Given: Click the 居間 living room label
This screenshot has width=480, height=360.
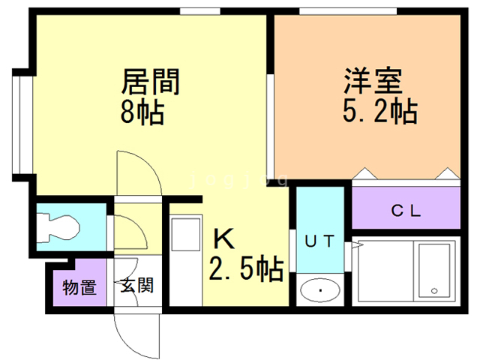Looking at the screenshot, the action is [x=150, y=82].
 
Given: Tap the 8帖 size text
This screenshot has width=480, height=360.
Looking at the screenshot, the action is [x=142, y=112].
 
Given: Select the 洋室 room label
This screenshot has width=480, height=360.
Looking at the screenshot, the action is [x=373, y=80].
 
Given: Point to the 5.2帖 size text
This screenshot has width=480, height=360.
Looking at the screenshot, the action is [x=380, y=111].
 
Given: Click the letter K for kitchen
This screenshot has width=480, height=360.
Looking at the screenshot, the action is [x=223, y=238].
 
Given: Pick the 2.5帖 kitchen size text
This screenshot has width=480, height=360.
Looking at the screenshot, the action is [x=246, y=268].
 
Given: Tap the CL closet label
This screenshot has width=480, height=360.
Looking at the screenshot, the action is [x=406, y=211].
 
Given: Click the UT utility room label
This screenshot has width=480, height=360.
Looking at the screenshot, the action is [x=319, y=241].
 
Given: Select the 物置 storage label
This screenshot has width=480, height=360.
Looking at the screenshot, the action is [x=79, y=287].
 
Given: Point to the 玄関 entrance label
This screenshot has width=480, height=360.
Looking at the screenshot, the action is [x=136, y=285].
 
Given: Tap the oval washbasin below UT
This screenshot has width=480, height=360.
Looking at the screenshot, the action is [x=320, y=290].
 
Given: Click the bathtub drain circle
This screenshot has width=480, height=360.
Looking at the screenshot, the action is [x=434, y=291].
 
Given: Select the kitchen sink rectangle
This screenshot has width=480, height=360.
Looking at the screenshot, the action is [x=186, y=234].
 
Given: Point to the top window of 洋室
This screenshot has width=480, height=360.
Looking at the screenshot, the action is [x=348, y=11].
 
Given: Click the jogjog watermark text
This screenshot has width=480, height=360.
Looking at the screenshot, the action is [x=239, y=179].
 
